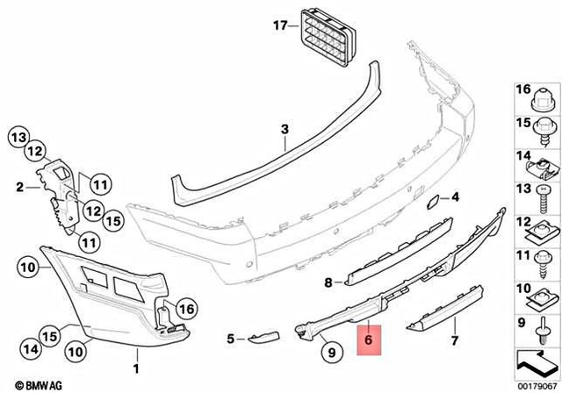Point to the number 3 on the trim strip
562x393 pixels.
tap(285, 131)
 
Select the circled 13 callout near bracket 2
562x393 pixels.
tap(19, 136)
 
